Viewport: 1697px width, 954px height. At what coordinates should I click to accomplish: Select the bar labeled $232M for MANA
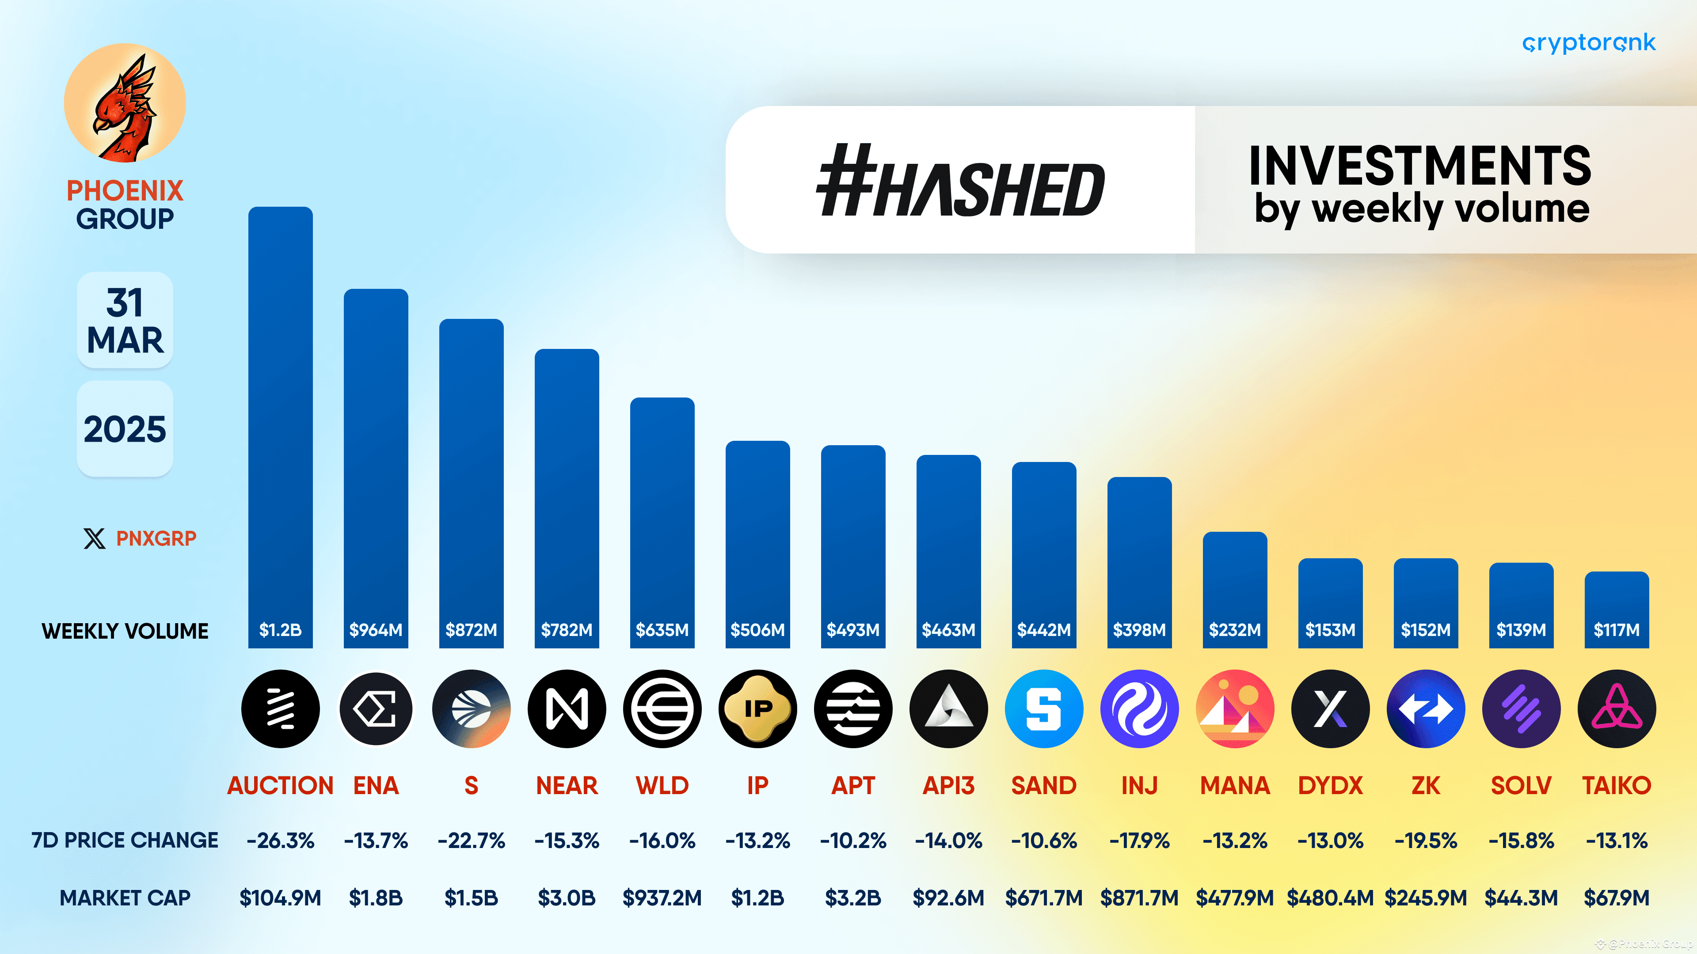coord(1235,590)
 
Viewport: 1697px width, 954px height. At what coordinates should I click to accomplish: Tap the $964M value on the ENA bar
coord(376,630)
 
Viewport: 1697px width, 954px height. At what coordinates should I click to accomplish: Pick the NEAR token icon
coord(567,709)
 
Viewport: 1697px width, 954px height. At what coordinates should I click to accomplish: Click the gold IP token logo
coord(757,709)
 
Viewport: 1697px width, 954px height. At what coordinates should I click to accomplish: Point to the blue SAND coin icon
coord(1043,709)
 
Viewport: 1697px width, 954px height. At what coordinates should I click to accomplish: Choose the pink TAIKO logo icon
coord(1617,709)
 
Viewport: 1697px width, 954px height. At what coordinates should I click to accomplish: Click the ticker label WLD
coord(662,785)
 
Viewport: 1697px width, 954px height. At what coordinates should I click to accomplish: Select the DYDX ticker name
coord(1330,785)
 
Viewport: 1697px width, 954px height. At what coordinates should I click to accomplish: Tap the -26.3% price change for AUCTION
coord(280,841)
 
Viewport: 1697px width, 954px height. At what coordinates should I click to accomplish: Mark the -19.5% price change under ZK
coord(1426,841)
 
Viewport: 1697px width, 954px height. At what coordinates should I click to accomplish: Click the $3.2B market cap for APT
coord(853,898)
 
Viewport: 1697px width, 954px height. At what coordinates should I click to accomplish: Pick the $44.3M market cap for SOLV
coord(1521,898)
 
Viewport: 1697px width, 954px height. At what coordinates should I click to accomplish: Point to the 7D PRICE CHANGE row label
coord(125,841)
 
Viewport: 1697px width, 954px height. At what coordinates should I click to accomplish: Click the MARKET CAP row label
coord(125,898)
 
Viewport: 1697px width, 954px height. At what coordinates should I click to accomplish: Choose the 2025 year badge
coord(125,428)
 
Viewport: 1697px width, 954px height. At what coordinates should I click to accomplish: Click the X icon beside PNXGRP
coord(94,538)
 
